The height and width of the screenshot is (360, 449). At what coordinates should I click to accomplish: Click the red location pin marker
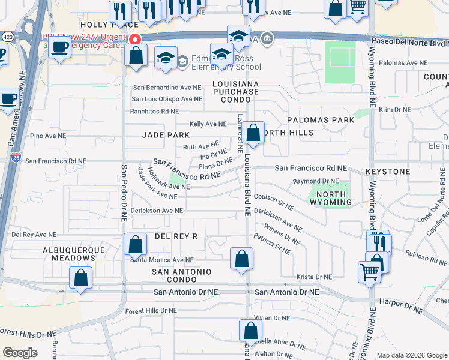pos(135,40)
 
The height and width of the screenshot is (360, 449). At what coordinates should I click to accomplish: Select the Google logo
pos(20,353)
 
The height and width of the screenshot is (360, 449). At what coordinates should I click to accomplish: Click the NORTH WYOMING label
pos(331,198)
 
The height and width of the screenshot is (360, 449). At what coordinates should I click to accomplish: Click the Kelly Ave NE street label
pos(208,124)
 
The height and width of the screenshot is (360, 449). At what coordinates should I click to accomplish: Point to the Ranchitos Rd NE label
pos(155,112)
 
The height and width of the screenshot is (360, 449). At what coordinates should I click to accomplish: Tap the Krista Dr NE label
pos(314,277)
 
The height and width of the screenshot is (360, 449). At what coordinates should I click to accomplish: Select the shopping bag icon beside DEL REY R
pos(136,244)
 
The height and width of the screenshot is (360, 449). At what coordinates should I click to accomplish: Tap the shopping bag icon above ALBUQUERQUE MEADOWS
pos(81,278)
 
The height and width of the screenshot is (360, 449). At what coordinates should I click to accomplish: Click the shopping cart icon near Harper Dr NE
pos(369,271)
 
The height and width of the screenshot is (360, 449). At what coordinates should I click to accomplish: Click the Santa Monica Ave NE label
pos(162,260)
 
